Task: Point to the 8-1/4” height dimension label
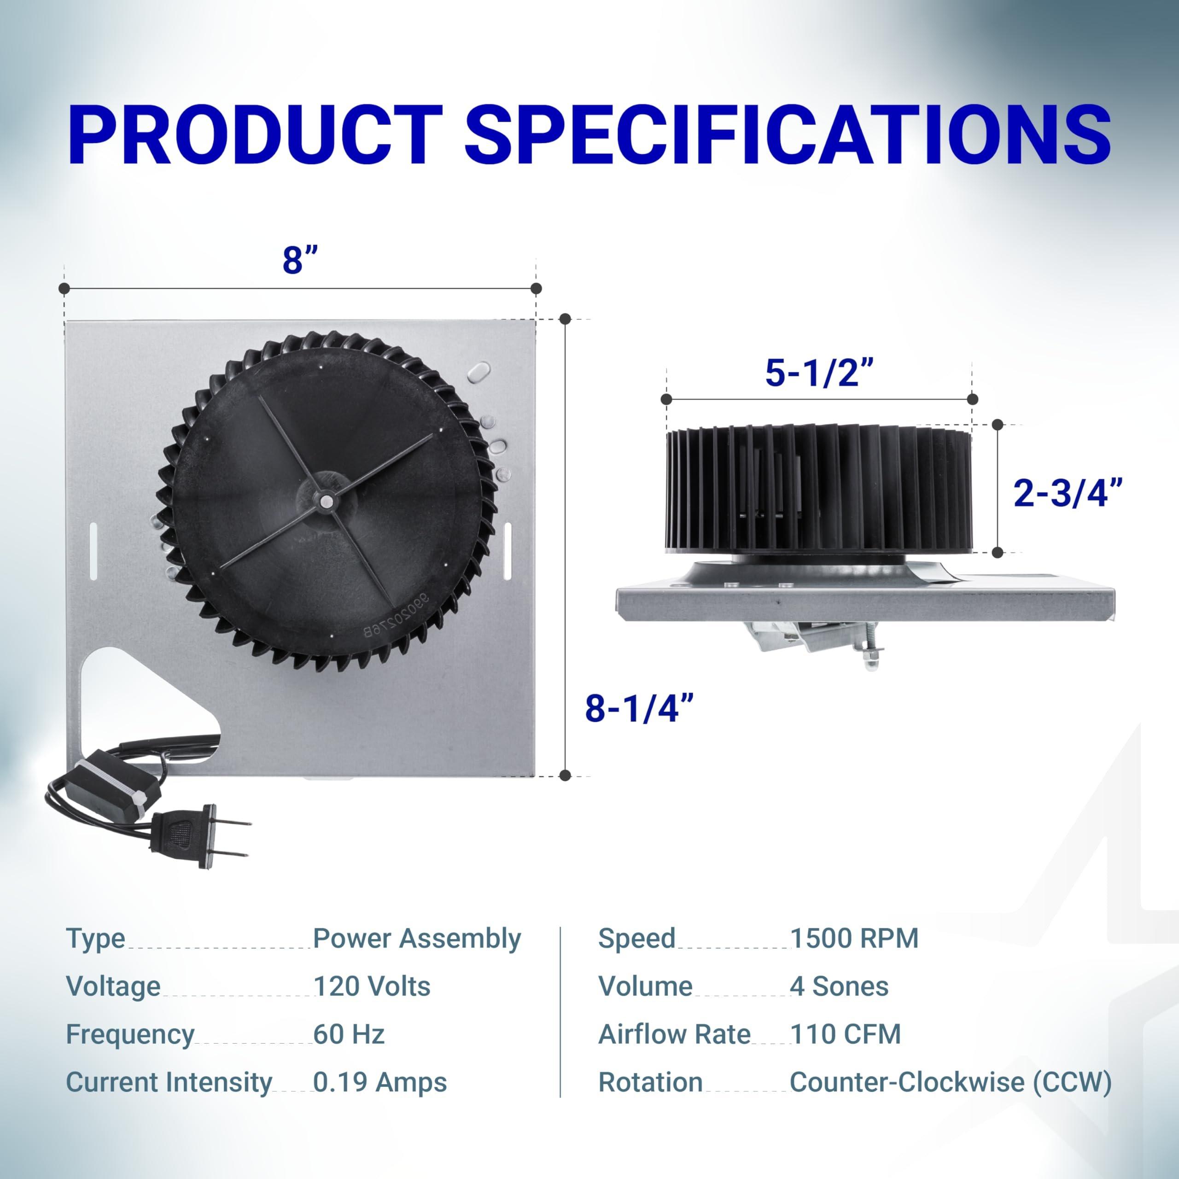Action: click(x=639, y=708)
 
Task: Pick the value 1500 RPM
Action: click(x=854, y=939)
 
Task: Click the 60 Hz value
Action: click(x=349, y=1034)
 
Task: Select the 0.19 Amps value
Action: click(x=379, y=1083)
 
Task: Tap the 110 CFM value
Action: click(x=845, y=1034)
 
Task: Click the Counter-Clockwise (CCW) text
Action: click(x=950, y=1083)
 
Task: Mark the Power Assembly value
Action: click(x=417, y=939)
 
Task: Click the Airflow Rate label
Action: click(x=674, y=1034)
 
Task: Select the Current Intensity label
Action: click(x=169, y=1083)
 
